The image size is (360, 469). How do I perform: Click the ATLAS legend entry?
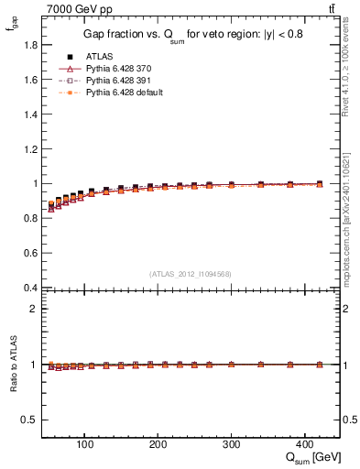pyautogui.click(x=98, y=57)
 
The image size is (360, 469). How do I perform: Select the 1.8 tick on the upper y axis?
pyautogui.click(x=31, y=45)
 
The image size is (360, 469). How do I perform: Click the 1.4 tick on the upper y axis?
pyautogui.click(x=31, y=115)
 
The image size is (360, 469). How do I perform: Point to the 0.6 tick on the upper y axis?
pyautogui.click(x=31, y=253)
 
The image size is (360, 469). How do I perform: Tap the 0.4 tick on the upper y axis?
pyautogui.click(x=31, y=288)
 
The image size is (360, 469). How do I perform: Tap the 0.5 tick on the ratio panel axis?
pyautogui.click(x=31, y=420)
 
